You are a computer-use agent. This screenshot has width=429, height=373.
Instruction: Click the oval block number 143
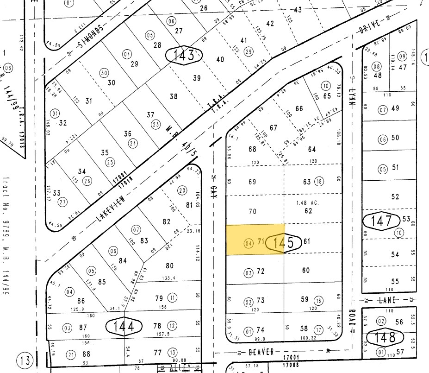[x=184, y=56]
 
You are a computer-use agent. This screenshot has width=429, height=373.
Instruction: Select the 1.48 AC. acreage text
[x=308, y=202]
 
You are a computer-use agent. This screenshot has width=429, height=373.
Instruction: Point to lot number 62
[x=309, y=211]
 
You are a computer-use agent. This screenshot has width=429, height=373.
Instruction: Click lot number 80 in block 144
[x=169, y=266]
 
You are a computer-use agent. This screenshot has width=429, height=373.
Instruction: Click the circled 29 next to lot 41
[x=249, y=51]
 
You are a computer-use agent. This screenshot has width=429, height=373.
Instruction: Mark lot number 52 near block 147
[x=395, y=197]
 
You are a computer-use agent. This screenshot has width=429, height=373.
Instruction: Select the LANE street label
[x=388, y=300]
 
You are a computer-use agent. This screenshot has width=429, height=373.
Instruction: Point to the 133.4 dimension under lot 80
[x=169, y=278]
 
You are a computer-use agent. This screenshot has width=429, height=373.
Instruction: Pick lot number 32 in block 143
[x=63, y=123]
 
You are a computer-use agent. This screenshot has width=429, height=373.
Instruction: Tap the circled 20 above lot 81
[x=182, y=190]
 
